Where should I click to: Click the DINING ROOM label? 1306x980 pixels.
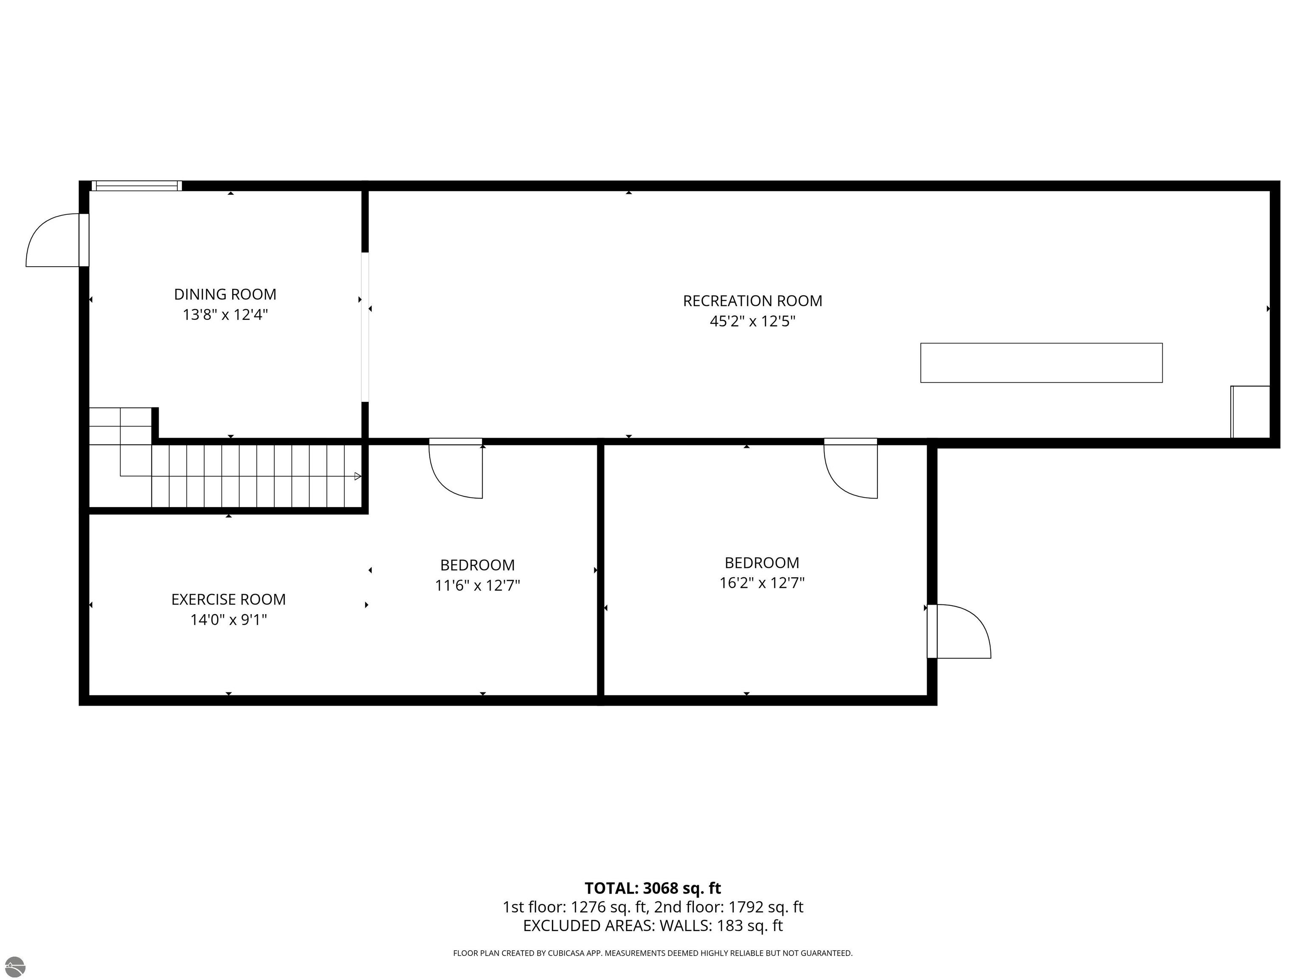[x=225, y=294]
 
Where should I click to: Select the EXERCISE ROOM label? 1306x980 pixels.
[x=228, y=600]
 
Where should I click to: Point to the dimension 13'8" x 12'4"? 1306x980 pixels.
[x=225, y=314]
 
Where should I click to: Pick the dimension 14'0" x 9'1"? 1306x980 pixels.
[x=228, y=620]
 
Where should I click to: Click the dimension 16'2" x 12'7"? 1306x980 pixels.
[x=762, y=583]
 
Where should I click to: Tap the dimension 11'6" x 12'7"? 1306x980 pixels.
[x=477, y=585]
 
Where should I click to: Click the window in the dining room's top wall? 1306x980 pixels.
[x=136, y=186]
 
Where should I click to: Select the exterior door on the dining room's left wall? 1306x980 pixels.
[x=58, y=240]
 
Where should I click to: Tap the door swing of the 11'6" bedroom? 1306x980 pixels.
[x=456, y=470]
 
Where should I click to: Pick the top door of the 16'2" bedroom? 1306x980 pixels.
[x=851, y=470]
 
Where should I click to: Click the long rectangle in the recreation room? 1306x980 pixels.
[x=1042, y=363]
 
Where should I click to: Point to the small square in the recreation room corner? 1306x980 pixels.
[x=1250, y=412]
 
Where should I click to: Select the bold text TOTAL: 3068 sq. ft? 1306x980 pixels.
[x=653, y=888]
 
